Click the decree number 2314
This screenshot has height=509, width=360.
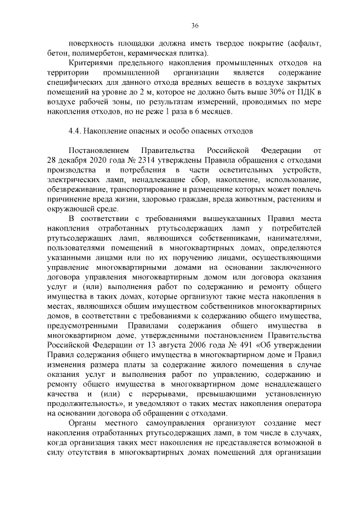pyautogui.click(x=143, y=161)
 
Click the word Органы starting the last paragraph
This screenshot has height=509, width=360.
pyautogui.click(x=82, y=423)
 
